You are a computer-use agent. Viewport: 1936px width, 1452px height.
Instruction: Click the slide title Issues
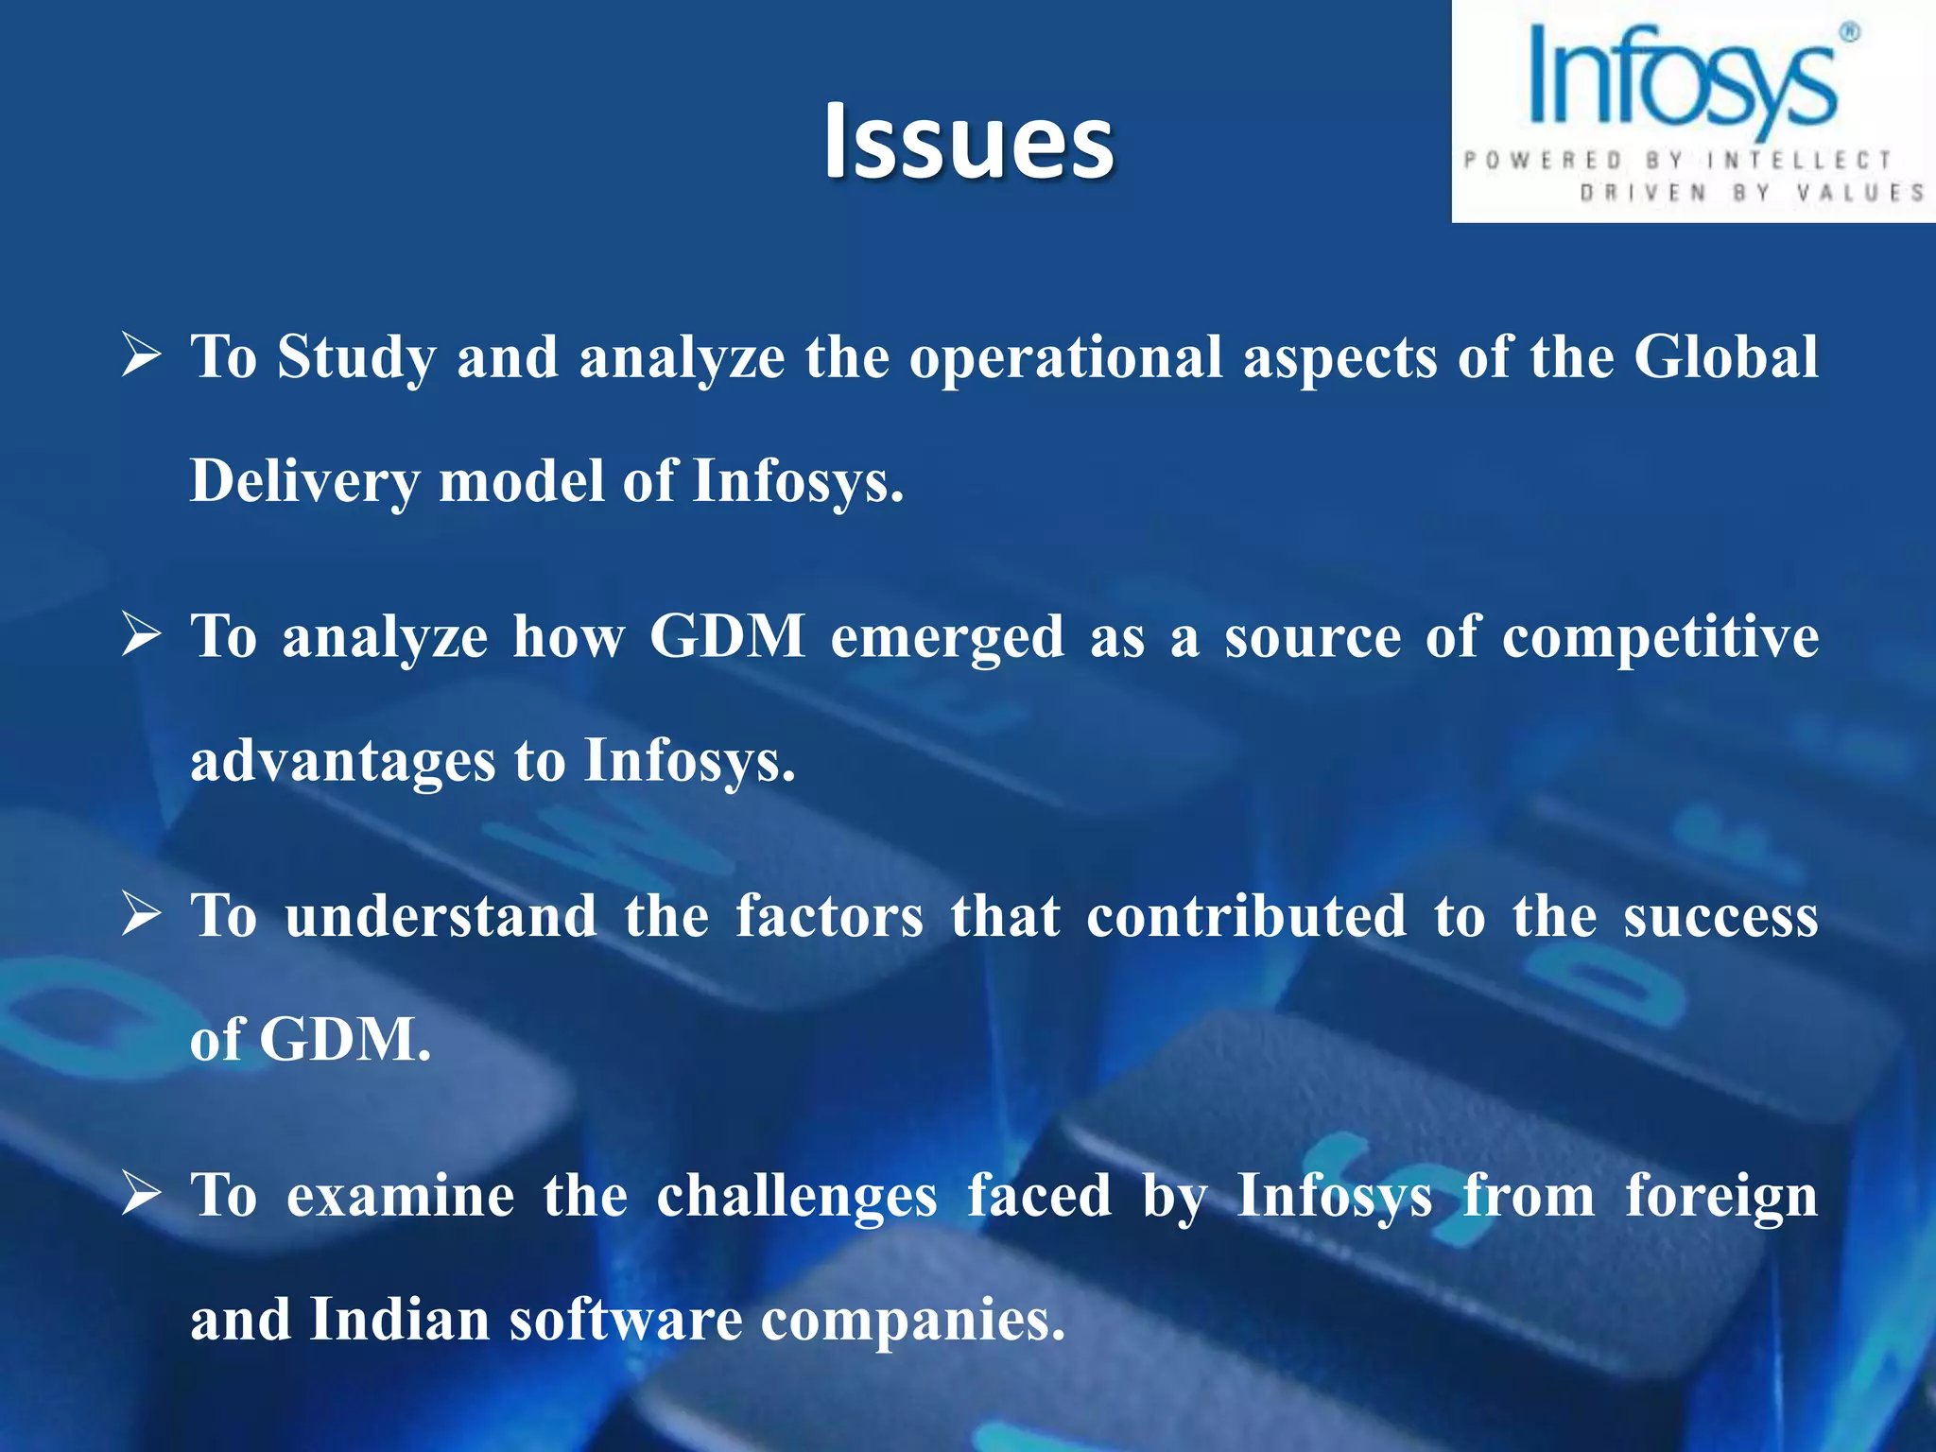pyautogui.click(x=968, y=142)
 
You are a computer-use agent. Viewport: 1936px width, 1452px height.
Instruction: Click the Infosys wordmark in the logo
pyautogui.click(x=1683, y=80)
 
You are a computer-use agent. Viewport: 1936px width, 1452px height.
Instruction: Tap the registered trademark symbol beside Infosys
pyautogui.click(x=1849, y=33)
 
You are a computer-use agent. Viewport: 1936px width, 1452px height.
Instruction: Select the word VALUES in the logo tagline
pyautogui.click(x=1860, y=193)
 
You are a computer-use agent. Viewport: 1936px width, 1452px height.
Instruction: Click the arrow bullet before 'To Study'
pyautogui.click(x=142, y=357)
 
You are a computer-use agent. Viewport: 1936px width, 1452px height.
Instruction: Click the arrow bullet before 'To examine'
pyautogui.click(x=142, y=1195)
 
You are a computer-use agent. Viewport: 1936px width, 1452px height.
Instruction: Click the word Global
pyautogui.click(x=1725, y=357)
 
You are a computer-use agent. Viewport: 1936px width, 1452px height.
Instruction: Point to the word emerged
pyautogui.click(x=947, y=637)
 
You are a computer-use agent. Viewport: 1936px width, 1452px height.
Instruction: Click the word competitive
pyautogui.click(x=1660, y=637)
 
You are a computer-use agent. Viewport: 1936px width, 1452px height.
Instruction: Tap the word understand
pyautogui.click(x=441, y=916)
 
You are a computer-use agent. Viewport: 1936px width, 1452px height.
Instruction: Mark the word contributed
pyautogui.click(x=1246, y=916)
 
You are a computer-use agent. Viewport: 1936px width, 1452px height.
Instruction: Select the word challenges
pyautogui.click(x=796, y=1197)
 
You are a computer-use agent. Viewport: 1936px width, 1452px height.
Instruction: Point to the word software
pyautogui.click(x=626, y=1320)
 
